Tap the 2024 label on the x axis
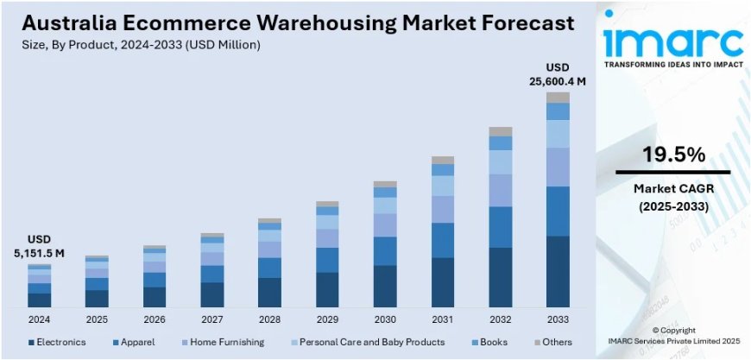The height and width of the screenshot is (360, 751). tap(39, 319)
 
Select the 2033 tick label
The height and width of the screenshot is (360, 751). tap(558, 319)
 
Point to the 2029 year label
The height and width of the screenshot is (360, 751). tap(327, 319)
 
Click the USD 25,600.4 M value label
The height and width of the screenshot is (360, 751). tap(558, 75)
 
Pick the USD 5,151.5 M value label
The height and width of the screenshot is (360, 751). tap(39, 246)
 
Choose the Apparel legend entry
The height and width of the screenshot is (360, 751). tap(134, 343)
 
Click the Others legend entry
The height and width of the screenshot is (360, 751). tap(553, 343)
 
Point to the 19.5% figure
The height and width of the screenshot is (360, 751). tap(673, 155)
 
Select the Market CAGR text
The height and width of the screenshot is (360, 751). tap(673, 188)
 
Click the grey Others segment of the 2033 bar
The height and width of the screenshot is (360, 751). tap(558, 98)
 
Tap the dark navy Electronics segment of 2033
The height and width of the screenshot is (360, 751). tap(558, 271)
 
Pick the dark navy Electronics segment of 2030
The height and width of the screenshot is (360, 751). tap(385, 286)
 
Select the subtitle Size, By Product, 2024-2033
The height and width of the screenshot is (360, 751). tap(138, 44)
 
